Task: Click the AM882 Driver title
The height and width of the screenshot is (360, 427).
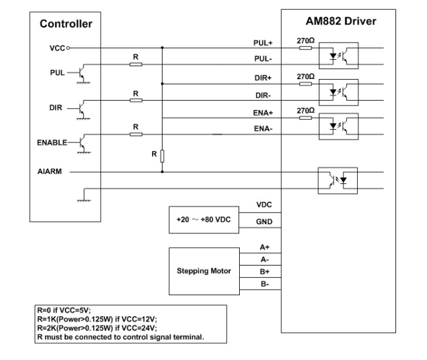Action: pyautogui.click(x=342, y=22)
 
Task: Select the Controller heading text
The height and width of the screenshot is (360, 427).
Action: pyautogui.click(x=66, y=25)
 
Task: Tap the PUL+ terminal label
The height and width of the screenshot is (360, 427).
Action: pyautogui.click(x=263, y=43)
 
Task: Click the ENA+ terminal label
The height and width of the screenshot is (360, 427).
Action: pyautogui.click(x=263, y=113)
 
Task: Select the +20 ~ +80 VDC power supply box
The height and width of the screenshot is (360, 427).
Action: pyautogui.click(x=200, y=220)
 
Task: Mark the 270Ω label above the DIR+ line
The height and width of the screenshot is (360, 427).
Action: pyautogui.click(x=305, y=77)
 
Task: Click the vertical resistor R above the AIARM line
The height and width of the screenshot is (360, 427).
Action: pyautogui.click(x=162, y=155)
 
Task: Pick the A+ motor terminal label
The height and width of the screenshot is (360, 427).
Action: pyautogui.click(x=264, y=247)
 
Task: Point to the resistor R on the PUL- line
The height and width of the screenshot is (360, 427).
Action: pyautogui.click(x=135, y=64)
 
